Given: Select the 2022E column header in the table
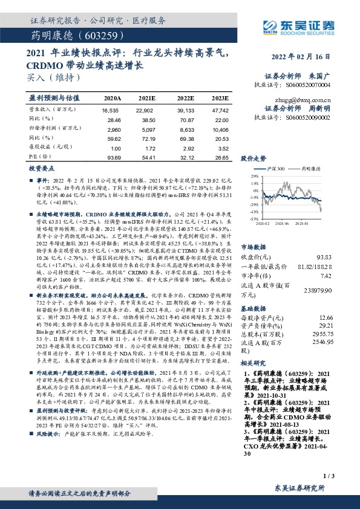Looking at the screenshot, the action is [x=186, y=97].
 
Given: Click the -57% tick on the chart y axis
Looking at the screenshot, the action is [x=245, y=219].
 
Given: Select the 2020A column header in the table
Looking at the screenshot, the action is [x=113, y=97].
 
